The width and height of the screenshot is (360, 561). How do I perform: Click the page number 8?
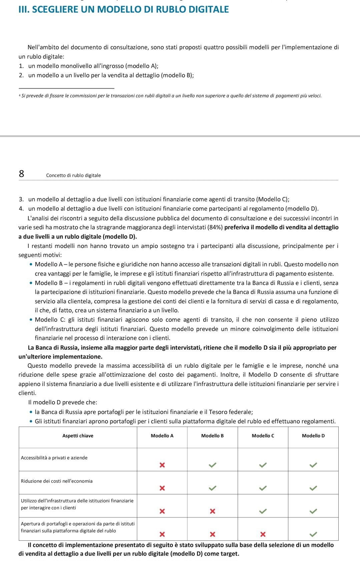tap(21, 174)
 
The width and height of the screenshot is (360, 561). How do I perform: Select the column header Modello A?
tap(162, 436)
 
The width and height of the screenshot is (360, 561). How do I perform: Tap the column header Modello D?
tap(313, 436)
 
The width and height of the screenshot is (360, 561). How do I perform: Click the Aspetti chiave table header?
tap(78, 436)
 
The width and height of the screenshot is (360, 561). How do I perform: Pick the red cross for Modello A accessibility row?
tap(162, 465)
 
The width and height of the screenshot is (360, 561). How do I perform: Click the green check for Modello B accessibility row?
tap(212, 465)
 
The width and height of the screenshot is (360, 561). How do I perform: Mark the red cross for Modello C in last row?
tap(263, 534)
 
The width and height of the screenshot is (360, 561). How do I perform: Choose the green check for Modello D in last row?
tap(313, 534)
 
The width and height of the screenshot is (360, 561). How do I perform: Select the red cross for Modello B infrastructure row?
tap(212, 511)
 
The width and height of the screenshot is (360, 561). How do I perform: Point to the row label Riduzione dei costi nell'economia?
tap(57, 481)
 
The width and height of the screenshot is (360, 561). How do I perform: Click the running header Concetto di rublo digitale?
tap(73, 175)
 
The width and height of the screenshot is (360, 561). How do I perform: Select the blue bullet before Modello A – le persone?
tap(31, 265)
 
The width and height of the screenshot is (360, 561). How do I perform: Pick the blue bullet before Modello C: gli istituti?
tap(31, 320)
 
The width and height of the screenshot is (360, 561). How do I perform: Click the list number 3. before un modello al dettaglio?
tap(21, 200)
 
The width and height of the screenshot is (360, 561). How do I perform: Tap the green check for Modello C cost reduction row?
tap(263, 488)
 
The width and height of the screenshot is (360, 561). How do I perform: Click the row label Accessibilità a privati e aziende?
tap(54, 458)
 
